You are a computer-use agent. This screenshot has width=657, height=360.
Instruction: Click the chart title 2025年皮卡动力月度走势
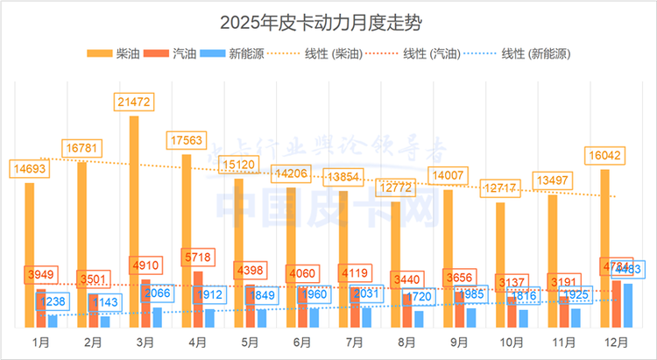(x=328, y=19)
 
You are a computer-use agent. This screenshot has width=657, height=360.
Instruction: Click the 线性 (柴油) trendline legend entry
(x=329, y=54)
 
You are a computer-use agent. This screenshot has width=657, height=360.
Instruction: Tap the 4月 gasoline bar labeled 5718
(x=197, y=299)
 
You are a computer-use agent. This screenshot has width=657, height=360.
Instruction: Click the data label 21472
(x=134, y=102)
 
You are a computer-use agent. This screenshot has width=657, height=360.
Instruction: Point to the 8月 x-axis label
(x=406, y=341)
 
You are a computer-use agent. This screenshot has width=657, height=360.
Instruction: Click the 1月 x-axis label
(x=40, y=341)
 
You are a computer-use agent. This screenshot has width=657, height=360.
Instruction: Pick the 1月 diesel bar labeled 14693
(x=29, y=254)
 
